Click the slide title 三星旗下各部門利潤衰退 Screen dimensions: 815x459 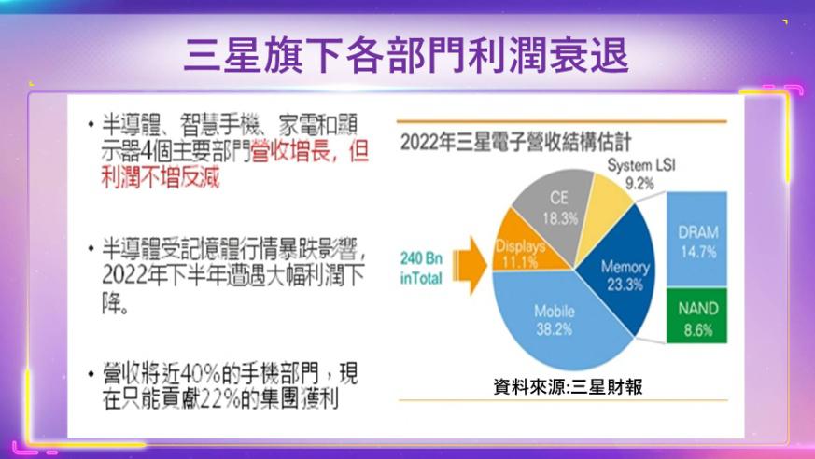coord(406,54)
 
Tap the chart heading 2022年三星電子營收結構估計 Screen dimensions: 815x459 coord(515,142)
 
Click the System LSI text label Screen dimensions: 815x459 coord(641,165)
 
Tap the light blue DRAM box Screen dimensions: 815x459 coord(696,239)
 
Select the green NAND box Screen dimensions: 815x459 coord(696,316)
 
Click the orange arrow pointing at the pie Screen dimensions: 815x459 coord(470,265)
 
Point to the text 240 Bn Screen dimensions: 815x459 coord(421,258)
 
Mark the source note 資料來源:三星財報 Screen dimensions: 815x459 coord(568,387)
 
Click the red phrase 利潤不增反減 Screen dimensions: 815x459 coord(161,177)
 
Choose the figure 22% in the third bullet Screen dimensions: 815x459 coord(220,398)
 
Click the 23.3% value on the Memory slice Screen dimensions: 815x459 coord(625,285)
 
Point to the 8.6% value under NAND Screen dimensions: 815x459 coord(698,329)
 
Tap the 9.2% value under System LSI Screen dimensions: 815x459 coord(639,183)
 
